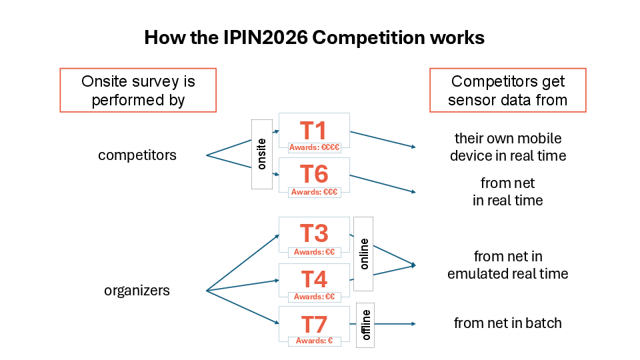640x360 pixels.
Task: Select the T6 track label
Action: click(x=314, y=174)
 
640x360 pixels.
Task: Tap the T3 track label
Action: click(x=314, y=233)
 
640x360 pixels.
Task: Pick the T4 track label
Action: click(x=314, y=279)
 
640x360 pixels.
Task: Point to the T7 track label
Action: click(x=314, y=325)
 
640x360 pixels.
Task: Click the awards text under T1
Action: click(x=314, y=147)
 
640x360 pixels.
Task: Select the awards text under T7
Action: click(x=314, y=341)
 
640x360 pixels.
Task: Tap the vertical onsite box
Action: click(x=261, y=154)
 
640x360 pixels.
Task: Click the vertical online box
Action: click(x=363, y=254)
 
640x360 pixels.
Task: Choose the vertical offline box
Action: click(x=365, y=325)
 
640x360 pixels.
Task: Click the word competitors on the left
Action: click(x=137, y=155)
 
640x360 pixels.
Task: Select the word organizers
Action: click(x=137, y=290)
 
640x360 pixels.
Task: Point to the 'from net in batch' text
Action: click(x=508, y=323)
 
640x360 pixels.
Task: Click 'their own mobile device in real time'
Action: click(x=508, y=147)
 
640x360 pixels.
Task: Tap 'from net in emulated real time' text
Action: click(x=508, y=265)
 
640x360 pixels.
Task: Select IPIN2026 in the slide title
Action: click(x=265, y=37)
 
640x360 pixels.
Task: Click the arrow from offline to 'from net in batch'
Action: click(x=395, y=324)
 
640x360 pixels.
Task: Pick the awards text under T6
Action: click(x=314, y=192)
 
